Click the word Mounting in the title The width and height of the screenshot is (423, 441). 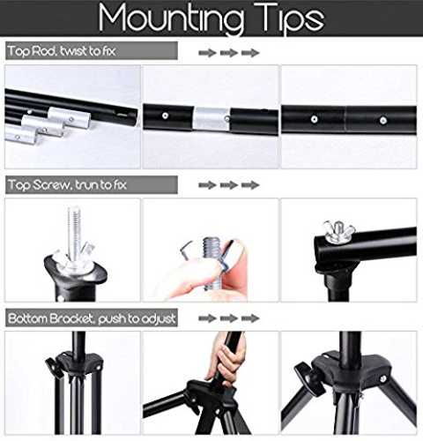click(x=171, y=19)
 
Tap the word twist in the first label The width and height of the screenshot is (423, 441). click(x=73, y=51)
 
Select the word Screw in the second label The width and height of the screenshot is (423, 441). click(x=51, y=184)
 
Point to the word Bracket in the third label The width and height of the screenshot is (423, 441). click(x=71, y=318)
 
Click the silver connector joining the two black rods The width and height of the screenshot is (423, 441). click(x=211, y=119)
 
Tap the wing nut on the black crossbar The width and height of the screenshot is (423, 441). click(x=338, y=231)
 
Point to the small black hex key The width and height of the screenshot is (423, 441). click(x=186, y=250)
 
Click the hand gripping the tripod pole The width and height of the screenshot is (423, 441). click(x=226, y=359)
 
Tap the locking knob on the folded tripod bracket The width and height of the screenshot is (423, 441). click(x=54, y=368)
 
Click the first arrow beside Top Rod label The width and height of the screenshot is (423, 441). click(x=207, y=53)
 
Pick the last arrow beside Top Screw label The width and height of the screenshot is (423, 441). click(x=250, y=185)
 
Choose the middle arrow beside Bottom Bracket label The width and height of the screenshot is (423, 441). click(x=229, y=318)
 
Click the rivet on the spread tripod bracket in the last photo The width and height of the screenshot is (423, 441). click(x=382, y=378)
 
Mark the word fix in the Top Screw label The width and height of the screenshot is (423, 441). click(x=120, y=184)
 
